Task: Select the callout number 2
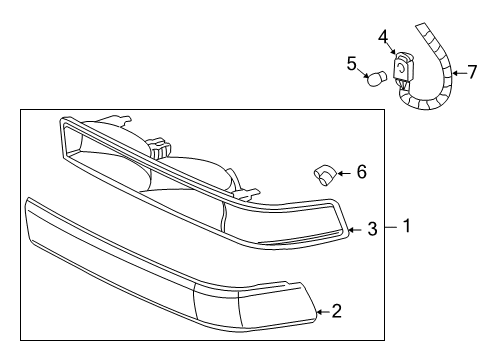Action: click(337, 311)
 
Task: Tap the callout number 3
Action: click(371, 230)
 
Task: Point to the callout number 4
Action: click(382, 37)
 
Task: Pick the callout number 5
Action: click(352, 64)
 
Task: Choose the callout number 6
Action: click(361, 172)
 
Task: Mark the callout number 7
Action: click(472, 71)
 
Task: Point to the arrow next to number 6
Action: click(343, 173)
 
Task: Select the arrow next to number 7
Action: click(456, 72)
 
